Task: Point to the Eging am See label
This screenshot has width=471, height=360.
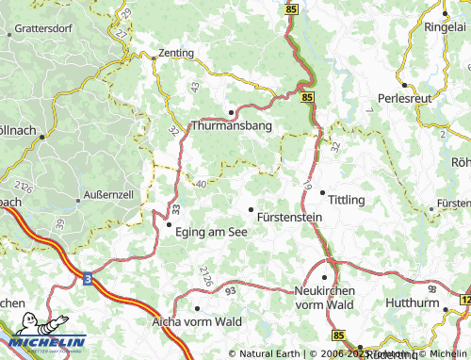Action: pos(211,236)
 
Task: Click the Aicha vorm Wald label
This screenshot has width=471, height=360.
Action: pos(197,321)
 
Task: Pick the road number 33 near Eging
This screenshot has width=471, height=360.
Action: pos(176,206)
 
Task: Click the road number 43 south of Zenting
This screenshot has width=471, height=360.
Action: pos(195,87)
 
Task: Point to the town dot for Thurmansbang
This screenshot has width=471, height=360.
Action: pos(231,111)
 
